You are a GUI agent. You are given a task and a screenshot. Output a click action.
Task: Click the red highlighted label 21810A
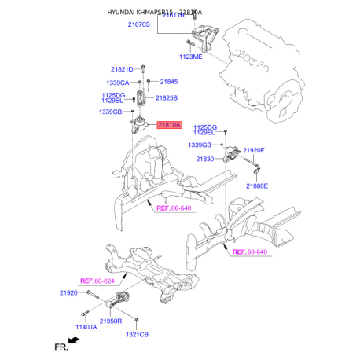[x=169, y=124]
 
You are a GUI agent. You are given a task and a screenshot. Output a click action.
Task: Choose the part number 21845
[x=169, y=82]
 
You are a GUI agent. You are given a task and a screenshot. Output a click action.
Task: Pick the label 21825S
[x=166, y=98]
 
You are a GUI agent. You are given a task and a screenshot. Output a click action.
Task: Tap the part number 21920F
[x=253, y=149]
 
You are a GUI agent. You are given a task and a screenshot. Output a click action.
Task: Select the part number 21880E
[x=256, y=186]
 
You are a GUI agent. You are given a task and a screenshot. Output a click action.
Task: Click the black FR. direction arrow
[x=73, y=340]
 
